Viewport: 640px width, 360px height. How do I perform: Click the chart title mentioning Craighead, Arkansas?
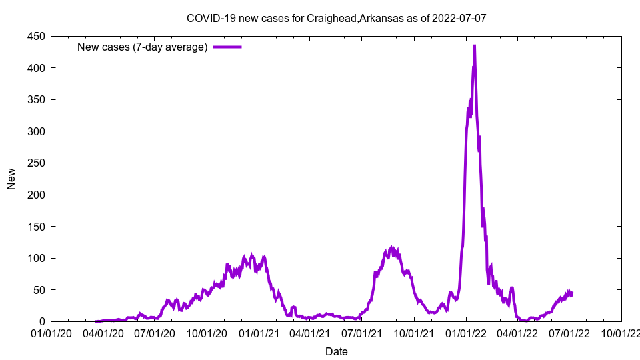tap(336, 18)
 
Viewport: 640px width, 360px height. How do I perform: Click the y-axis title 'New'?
tap(11, 179)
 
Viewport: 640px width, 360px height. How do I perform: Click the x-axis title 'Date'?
tap(336, 351)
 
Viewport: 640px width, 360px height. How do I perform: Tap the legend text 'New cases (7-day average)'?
tap(143, 47)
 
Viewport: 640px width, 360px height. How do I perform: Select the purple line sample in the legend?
tap(227, 47)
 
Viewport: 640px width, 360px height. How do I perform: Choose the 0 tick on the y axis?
tap(41, 322)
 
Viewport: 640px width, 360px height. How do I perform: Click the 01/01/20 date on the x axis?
tap(51, 333)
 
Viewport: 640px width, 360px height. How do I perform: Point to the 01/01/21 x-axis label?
tap(259, 333)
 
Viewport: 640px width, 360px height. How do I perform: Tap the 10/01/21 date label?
tap(414, 333)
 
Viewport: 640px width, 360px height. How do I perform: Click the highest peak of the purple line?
tap(474, 45)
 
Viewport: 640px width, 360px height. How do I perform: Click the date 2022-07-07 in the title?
tap(459, 18)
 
